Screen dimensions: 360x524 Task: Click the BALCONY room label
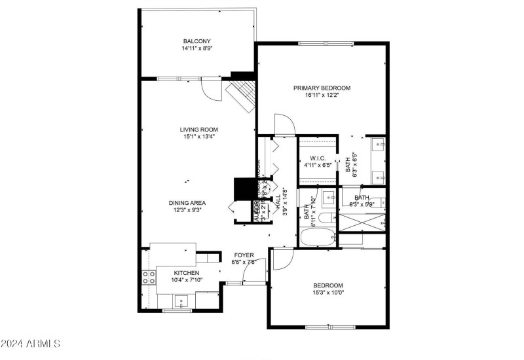click(196, 41)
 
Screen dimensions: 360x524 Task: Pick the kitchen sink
click(181, 301)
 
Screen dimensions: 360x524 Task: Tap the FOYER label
click(244, 255)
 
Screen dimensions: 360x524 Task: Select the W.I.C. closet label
click(318, 158)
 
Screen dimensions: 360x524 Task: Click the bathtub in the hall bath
click(318, 236)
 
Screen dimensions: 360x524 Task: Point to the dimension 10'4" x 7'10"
click(186, 280)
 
